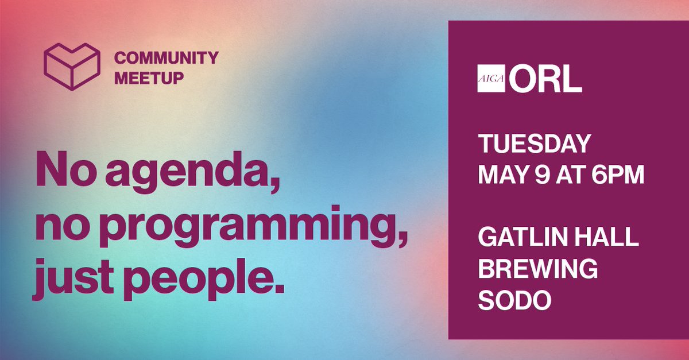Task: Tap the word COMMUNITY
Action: point(166,58)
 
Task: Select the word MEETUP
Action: point(149,78)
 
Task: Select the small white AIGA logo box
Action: point(490,80)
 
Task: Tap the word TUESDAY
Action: point(534,144)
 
